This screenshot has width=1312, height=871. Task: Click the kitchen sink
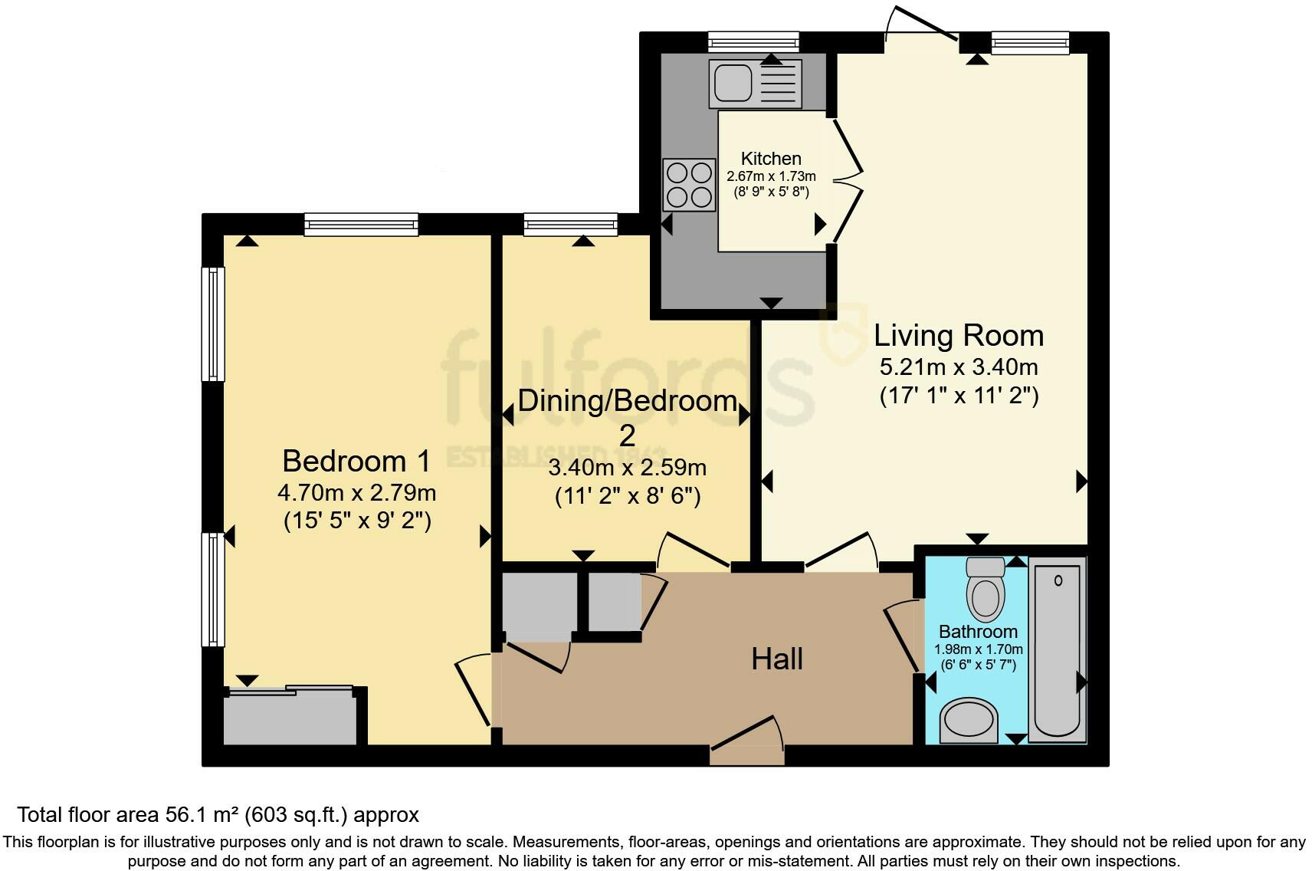[755, 84]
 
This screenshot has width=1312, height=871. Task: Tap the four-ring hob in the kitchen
[689, 185]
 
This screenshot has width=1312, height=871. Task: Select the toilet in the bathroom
[986, 589]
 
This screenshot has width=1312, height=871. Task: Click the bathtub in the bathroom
[1058, 649]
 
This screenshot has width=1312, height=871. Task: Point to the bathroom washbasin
[969, 721]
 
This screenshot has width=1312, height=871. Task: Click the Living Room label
[959, 336]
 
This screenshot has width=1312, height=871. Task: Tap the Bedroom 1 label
[356, 462]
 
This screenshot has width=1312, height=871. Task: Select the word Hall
[776, 659]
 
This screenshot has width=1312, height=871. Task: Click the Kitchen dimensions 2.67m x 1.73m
[771, 176]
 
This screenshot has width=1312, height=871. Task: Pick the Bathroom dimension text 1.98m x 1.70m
[978, 649]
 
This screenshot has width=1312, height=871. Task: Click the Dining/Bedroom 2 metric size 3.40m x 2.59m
[628, 468]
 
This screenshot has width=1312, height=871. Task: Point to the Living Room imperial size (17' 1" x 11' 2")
[959, 396]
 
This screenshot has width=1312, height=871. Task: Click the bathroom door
[902, 636]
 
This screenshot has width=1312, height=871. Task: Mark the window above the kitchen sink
[754, 42]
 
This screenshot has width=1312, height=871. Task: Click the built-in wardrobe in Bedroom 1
[290, 715]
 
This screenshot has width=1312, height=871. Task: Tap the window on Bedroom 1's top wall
[362, 225]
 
